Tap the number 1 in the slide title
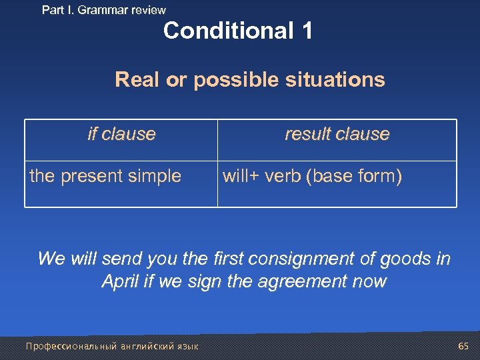pos(306,31)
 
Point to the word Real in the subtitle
pos(138,80)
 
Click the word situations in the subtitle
pos(339,80)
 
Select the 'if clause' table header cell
pos(121,134)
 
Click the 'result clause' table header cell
pos(337,134)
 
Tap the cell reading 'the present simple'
pos(105,176)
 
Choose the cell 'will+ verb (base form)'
pos(312,176)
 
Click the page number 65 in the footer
pos(463,346)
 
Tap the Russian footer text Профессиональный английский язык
pos(111,347)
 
